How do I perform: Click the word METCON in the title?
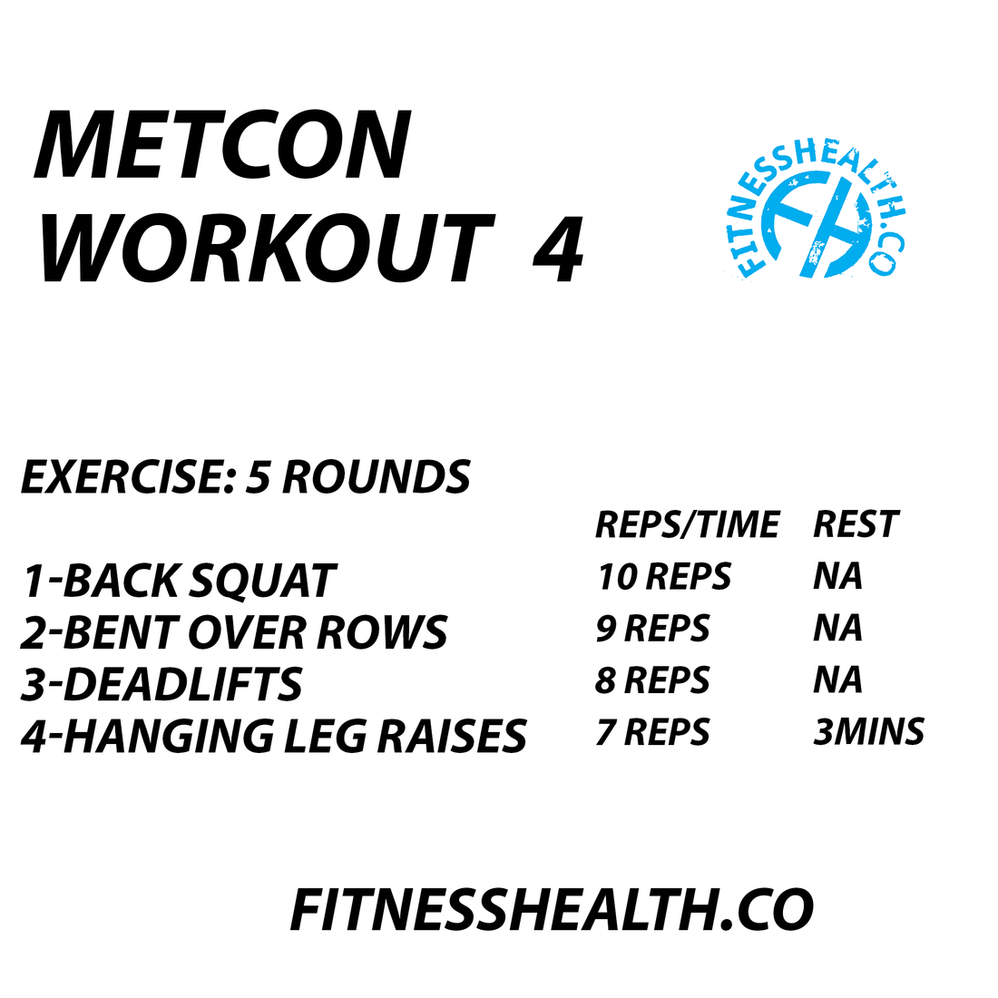[x=223, y=145]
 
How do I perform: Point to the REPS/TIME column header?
[x=687, y=524]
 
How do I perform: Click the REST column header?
[x=855, y=524]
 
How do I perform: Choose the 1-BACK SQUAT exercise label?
[x=179, y=582]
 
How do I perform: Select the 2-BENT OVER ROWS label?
[x=234, y=633]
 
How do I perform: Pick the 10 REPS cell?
[x=663, y=577]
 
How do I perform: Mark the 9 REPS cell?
[x=652, y=629]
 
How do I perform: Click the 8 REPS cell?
[x=652, y=680]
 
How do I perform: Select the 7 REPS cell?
[x=652, y=732]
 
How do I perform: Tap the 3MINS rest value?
[x=868, y=732]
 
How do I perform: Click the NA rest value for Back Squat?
[x=837, y=577]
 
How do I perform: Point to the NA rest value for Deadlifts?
[x=837, y=680]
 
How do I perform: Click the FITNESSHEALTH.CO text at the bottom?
[x=551, y=910]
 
